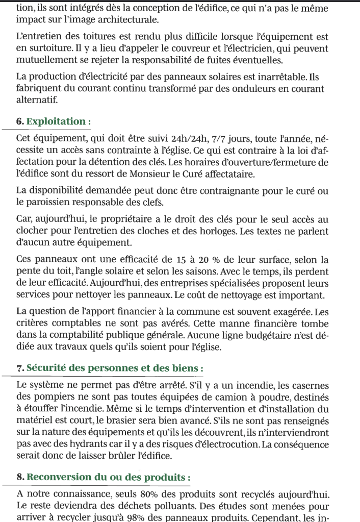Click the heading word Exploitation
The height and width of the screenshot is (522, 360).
coord(57,121)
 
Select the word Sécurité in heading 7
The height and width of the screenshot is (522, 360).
coord(46,367)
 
